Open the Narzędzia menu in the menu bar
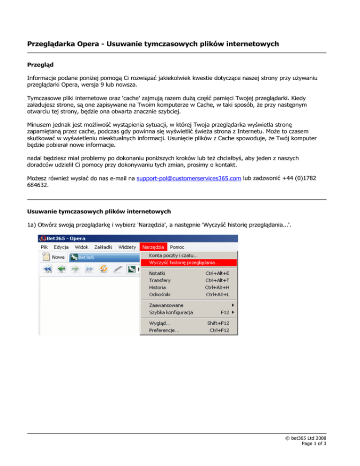153,247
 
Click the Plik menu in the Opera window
45,247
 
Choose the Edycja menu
61,247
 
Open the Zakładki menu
103,247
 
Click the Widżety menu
127,247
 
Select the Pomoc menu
177,247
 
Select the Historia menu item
157,287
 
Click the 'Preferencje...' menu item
164,331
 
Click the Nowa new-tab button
54,257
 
